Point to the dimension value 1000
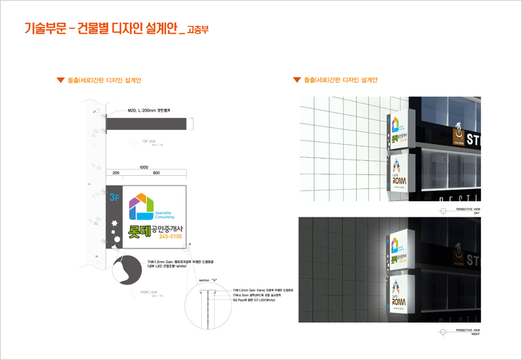[x=144, y=167]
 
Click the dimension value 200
[x=115, y=173]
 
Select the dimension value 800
[x=156, y=173]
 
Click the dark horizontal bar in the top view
[x=149, y=124]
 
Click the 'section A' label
[x=207, y=280]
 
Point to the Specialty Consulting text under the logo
[x=159, y=215]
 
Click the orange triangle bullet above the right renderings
[x=297, y=80]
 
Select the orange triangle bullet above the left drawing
[x=61, y=80]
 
